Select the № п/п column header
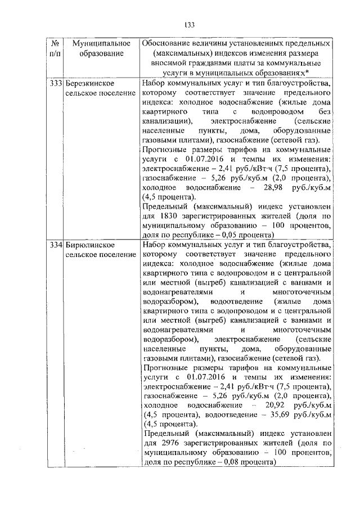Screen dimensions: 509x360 [x=56, y=48]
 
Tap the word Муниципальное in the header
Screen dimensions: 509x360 [x=98, y=43]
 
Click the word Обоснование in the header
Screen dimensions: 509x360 [x=168, y=43]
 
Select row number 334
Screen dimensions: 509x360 [x=56, y=245]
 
